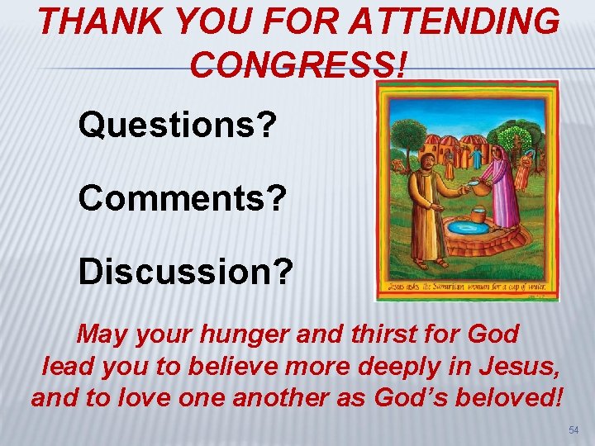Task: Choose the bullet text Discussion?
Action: pos(185,273)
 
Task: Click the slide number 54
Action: pos(574,430)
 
